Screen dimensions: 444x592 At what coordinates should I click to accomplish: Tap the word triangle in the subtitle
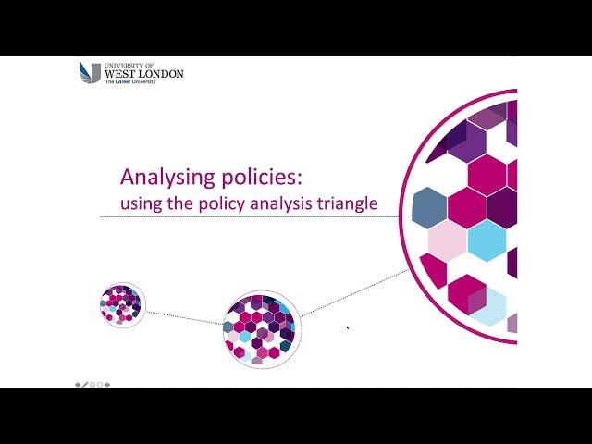[349, 203]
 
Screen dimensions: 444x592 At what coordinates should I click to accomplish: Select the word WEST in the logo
[121, 73]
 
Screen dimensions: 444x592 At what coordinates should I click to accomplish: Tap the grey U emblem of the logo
[90, 72]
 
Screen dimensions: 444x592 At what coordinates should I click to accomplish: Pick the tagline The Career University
[129, 82]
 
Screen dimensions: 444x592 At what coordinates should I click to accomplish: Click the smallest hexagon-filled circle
[121, 304]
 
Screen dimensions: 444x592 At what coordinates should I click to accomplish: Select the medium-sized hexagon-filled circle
[262, 329]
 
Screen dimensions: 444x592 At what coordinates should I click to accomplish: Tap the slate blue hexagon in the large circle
[429, 207]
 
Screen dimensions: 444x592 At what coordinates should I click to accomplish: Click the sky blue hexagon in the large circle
[487, 240]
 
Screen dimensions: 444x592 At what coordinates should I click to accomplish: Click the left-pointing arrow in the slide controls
[78, 384]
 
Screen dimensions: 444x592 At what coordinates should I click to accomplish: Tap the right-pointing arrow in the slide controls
[108, 384]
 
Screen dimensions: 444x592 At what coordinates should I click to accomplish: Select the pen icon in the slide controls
[85, 384]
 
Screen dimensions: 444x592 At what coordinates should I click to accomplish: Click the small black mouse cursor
[348, 327]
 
